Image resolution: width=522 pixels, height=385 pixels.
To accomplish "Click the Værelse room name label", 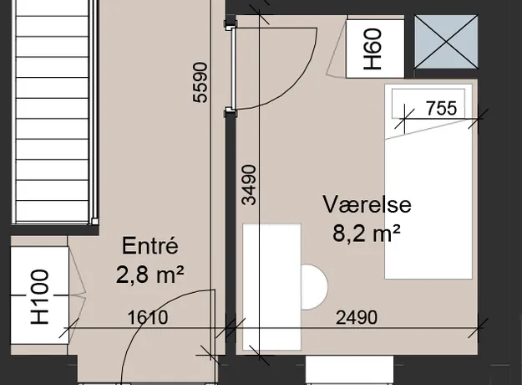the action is [x=367, y=204].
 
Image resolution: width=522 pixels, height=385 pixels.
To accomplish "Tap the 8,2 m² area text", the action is [x=366, y=233].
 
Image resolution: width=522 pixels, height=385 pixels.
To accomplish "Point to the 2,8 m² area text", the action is [x=150, y=275].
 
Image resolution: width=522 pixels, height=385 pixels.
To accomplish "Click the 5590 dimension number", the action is [x=200, y=82].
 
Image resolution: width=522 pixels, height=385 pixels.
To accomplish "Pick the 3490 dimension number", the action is [x=249, y=184].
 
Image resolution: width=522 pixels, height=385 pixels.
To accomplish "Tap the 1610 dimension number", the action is [x=148, y=317].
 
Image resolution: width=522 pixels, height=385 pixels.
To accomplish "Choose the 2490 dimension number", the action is [x=357, y=317].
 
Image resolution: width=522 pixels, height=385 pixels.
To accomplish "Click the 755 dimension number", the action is [x=442, y=108].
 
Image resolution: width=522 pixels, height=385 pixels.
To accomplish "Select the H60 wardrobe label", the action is [x=372, y=49].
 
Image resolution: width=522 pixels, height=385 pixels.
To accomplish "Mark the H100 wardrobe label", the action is [x=39, y=297].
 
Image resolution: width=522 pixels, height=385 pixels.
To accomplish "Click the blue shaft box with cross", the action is [x=446, y=42].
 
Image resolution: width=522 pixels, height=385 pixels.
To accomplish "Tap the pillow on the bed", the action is [x=428, y=104].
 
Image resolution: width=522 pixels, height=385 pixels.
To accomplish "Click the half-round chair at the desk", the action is [x=314, y=287].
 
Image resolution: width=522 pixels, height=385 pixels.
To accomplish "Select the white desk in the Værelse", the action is [x=272, y=287].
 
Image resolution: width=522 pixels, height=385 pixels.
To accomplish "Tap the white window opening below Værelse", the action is [x=350, y=369].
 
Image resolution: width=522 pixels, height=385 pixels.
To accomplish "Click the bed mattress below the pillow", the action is [x=428, y=207].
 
